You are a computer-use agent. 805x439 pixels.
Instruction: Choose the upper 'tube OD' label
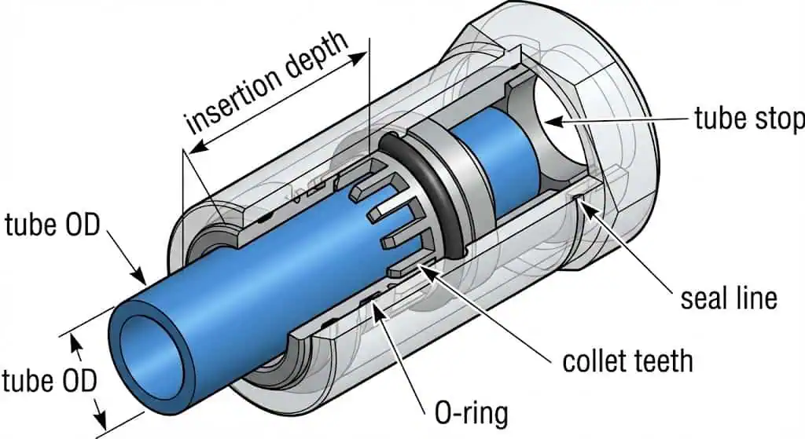click(x=53, y=225)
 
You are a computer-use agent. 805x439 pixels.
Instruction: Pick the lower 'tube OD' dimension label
click(x=49, y=382)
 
